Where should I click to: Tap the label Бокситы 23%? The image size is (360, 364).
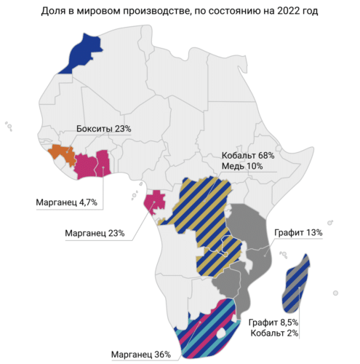coord(103,130)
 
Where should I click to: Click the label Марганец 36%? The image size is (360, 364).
coord(141,355)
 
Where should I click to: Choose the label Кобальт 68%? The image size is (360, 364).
coord(247,156)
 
